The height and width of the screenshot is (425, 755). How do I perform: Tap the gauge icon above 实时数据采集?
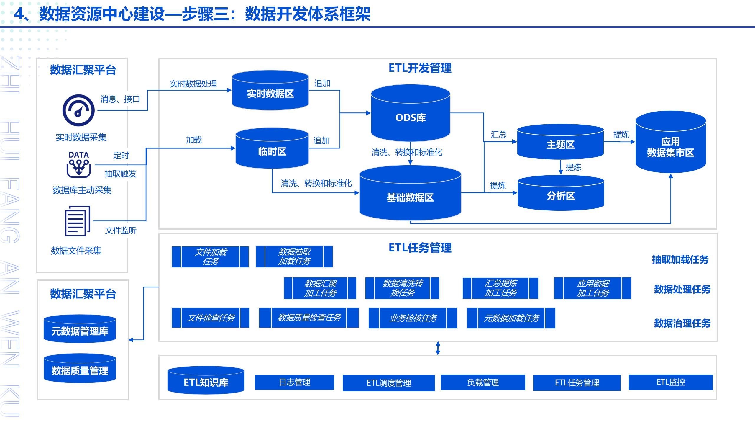point(78,110)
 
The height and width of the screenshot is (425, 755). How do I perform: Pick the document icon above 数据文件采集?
point(77,221)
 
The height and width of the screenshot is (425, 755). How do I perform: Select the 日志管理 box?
point(294,382)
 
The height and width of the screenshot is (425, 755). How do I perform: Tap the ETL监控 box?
point(670,382)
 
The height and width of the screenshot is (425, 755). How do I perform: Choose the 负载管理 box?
point(483,382)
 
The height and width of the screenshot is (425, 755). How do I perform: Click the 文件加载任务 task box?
point(210,257)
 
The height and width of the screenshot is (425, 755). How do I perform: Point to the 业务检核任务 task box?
point(413,318)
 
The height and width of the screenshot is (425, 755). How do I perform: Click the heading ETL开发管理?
point(420,68)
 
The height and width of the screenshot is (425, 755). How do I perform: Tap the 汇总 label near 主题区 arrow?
point(498,135)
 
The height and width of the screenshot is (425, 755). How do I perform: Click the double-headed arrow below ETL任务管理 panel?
point(438,348)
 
